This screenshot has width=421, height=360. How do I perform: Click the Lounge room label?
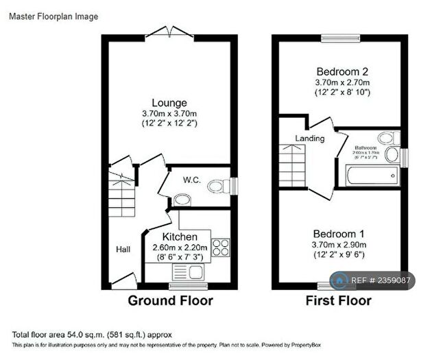coord(169,103)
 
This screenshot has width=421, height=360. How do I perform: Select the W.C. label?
coord(191,180)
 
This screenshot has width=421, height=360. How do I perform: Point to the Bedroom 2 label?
coord(342,71)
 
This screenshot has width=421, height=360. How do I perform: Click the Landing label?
coord(309,139)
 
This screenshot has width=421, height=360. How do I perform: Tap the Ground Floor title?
coord(170,300)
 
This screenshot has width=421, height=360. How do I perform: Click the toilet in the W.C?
coord(219,184)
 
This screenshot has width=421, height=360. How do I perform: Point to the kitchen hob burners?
coord(220,247)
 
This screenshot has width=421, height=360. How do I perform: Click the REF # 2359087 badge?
coord(373,280)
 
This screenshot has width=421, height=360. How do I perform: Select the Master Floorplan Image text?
coord(53,16)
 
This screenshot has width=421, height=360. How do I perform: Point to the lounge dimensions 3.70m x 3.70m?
coord(169,114)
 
